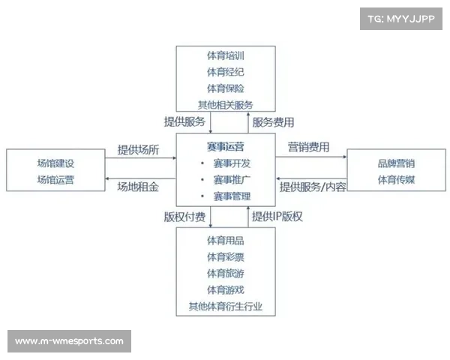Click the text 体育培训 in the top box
tap(226, 55)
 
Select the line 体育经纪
tap(226, 72)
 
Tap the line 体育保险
tap(226, 88)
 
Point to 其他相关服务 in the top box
tap(226, 105)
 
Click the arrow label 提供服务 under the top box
tap(184, 121)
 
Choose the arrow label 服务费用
tap(273, 122)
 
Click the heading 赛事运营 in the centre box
tap(226, 147)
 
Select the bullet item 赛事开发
tap(232, 163)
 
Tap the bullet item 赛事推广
tap(232, 180)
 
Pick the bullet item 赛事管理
tap(232, 196)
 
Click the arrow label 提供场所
tap(138, 150)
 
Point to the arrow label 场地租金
tap(138, 187)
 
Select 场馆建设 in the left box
tap(55, 163)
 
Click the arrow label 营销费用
tap(308, 147)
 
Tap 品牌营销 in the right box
tap(396, 163)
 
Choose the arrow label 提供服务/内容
tap(313, 187)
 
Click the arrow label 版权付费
tap(184, 217)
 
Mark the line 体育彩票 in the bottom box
tap(226, 257)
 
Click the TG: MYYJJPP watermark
tap(401, 19)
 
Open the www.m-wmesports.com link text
tap(69, 341)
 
